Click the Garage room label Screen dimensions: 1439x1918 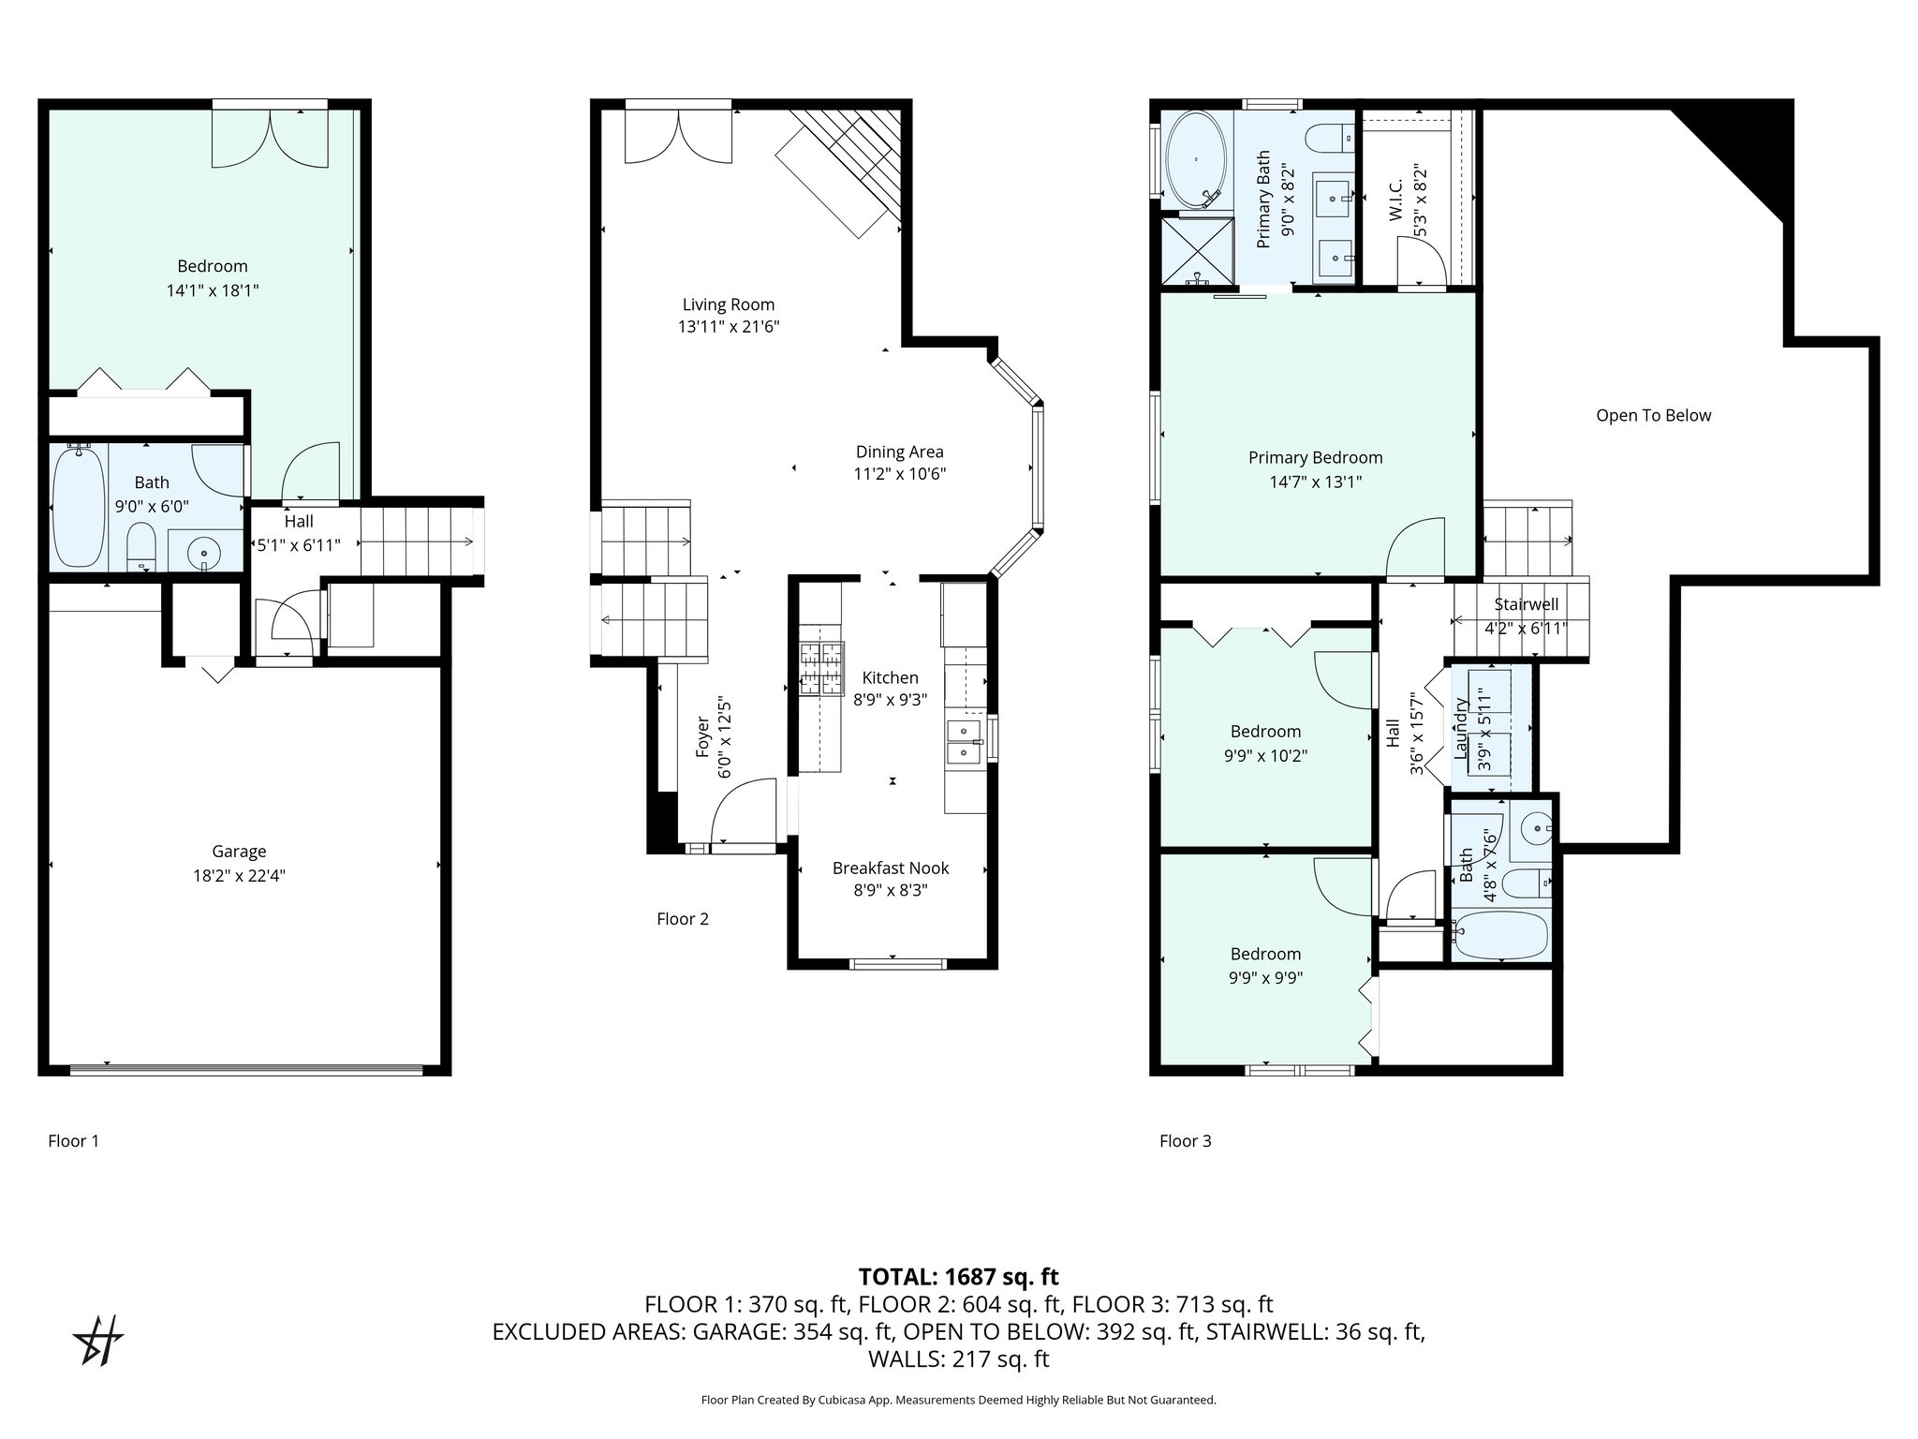tap(239, 852)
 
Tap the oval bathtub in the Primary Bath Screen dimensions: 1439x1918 tap(1196, 160)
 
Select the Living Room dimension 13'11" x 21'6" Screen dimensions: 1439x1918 tap(729, 327)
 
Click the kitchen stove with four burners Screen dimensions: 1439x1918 tap(821, 669)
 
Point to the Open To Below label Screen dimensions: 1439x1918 tap(1653, 416)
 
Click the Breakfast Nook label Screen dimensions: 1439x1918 tap(891, 868)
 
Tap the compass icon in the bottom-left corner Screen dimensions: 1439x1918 tap(97, 1341)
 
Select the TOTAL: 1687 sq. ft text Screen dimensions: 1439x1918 tap(958, 1276)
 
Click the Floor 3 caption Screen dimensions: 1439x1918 tap(1185, 1141)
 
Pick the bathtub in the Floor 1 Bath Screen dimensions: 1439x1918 tap(78, 507)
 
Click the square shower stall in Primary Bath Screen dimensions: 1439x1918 tap(1197, 251)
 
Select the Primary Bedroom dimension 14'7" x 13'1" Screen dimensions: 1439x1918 tap(1315, 482)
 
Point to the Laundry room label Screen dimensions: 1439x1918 tap(1459, 729)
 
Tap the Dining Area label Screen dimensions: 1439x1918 tap(899, 452)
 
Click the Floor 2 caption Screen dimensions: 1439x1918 tap(682, 919)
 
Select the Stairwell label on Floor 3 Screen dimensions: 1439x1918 tap(1526, 604)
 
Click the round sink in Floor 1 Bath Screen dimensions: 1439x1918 tap(204, 554)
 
